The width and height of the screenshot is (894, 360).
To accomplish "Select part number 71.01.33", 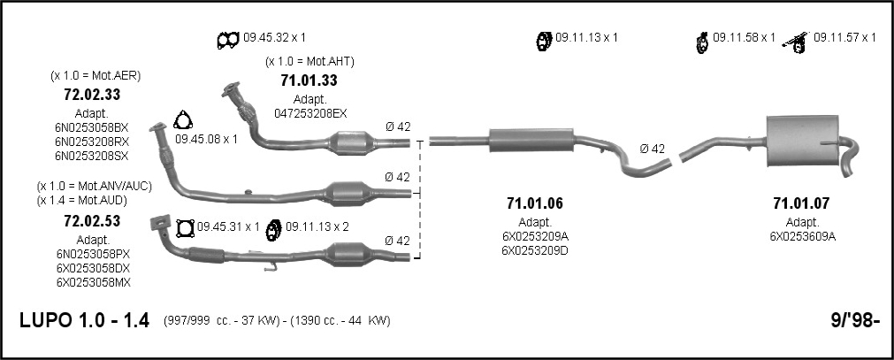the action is (x=309, y=80).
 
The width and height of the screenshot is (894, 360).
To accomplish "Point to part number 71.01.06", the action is (x=534, y=203).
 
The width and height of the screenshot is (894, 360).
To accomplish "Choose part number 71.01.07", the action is (x=800, y=203).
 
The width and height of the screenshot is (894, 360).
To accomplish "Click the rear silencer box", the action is (x=802, y=141).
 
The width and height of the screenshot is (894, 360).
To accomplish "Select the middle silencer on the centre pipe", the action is (x=531, y=141).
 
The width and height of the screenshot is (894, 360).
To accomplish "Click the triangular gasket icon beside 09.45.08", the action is (x=182, y=121).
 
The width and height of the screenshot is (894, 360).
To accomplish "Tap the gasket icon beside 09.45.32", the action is (x=227, y=40).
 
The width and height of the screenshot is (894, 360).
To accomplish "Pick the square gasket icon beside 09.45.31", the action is (x=185, y=228).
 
